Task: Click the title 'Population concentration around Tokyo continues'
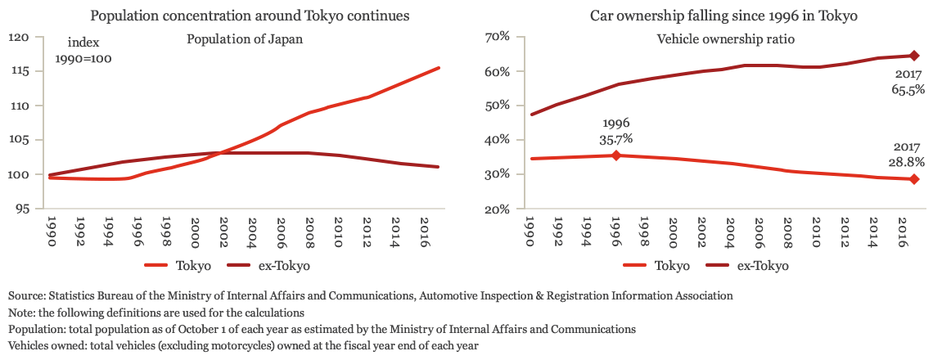tap(250, 16)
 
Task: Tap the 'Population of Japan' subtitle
tap(244, 38)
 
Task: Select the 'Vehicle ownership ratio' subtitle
tap(726, 38)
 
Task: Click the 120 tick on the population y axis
tap(20, 38)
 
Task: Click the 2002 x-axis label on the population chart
tap(221, 231)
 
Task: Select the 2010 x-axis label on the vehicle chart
tap(816, 231)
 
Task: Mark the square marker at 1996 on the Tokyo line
tap(616, 155)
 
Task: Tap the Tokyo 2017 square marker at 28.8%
tap(914, 179)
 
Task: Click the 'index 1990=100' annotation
tap(83, 51)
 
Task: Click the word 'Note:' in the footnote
tap(22, 313)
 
